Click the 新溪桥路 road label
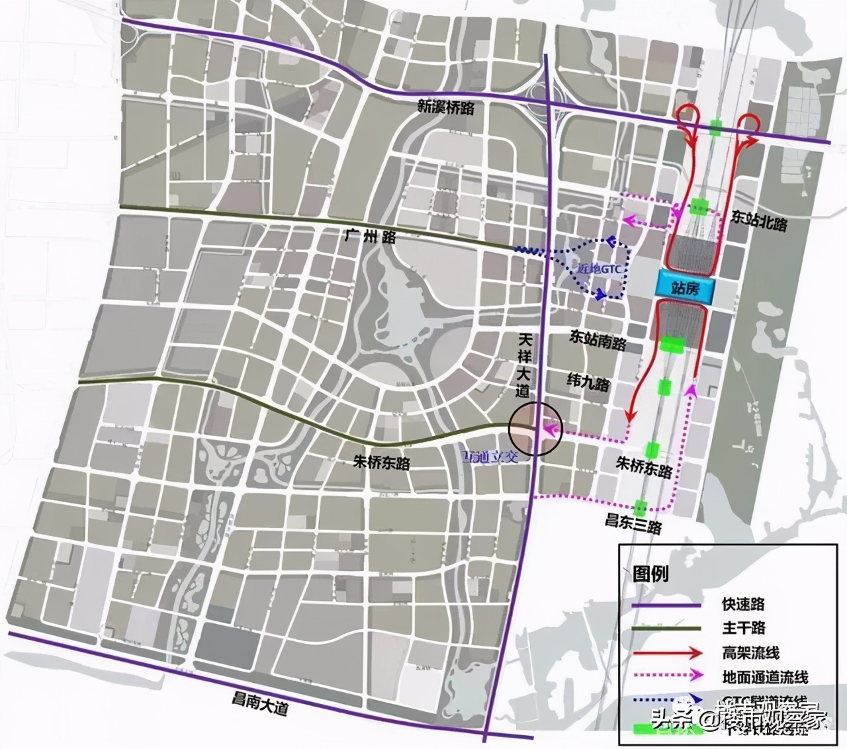(445, 108)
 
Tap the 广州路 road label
(370, 236)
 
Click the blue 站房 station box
(684, 288)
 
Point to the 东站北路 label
(760, 222)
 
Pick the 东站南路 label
(598, 340)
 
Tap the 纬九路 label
(588, 382)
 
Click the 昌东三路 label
(634, 523)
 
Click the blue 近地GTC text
(596, 269)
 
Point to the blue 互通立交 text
(490, 456)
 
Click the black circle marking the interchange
(535, 428)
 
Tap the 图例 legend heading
(650, 573)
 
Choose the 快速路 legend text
(743, 604)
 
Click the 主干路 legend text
(743, 628)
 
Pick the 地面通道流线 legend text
(765, 677)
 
